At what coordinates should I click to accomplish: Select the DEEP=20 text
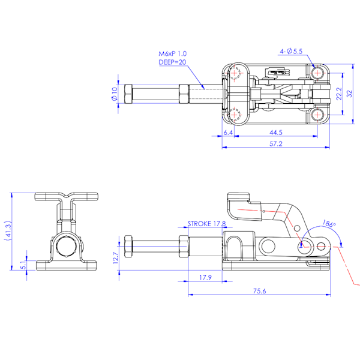[x=172, y=62]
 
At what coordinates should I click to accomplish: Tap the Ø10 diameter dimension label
[x=114, y=94]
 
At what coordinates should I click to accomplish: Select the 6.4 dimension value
[x=228, y=132]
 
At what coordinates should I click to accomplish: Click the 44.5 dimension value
[x=276, y=132]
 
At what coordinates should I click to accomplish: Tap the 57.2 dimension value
[x=276, y=144]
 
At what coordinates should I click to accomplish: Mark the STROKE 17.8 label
[x=207, y=224]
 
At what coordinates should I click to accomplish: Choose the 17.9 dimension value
[x=205, y=278]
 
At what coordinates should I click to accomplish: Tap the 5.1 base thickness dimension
[x=23, y=262]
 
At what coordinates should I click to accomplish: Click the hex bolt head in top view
[x=128, y=94]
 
